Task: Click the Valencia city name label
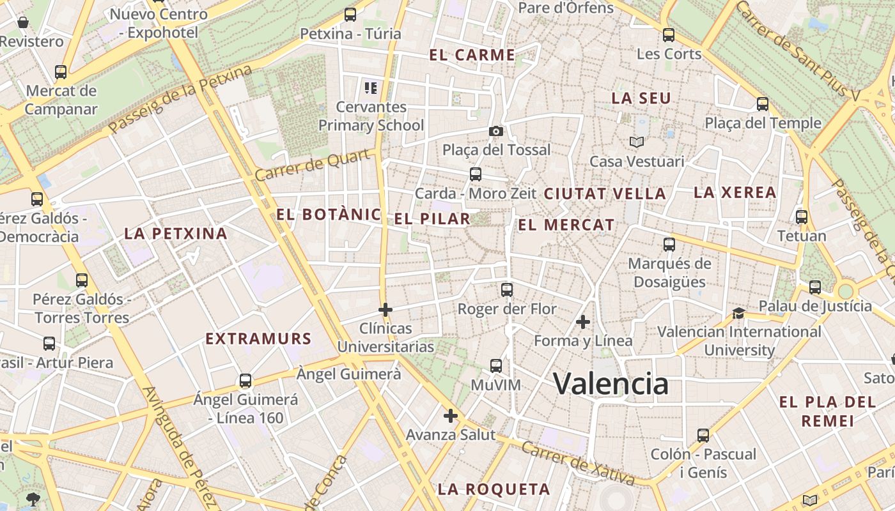(x=611, y=383)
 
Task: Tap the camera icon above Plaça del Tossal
(x=495, y=131)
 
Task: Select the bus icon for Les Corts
(x=669, y=35)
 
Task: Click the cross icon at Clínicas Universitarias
(x=385, y=310)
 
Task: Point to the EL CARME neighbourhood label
(x=472, y=55)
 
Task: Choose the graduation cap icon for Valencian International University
(x=738, y=313)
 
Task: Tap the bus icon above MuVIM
(x=496, y=366)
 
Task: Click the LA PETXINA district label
(x=176, y=234)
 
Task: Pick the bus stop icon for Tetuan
(x=802, y=217)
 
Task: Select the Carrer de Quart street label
(x=313, y=165)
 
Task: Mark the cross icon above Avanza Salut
(x=451, y=416)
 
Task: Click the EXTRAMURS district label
(x=258, y=339)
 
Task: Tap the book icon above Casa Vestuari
(x=636, y=142)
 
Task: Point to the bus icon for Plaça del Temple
(x=762, y=103)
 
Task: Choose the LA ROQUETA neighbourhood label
(x=494, y=490)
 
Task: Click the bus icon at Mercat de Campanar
(x=61, y=72)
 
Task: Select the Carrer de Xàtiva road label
(x=577, y=463)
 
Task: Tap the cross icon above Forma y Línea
(x=582, y=322)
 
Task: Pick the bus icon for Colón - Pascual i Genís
(x=703, y=436)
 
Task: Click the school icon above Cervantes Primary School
(x=370, y=88)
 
